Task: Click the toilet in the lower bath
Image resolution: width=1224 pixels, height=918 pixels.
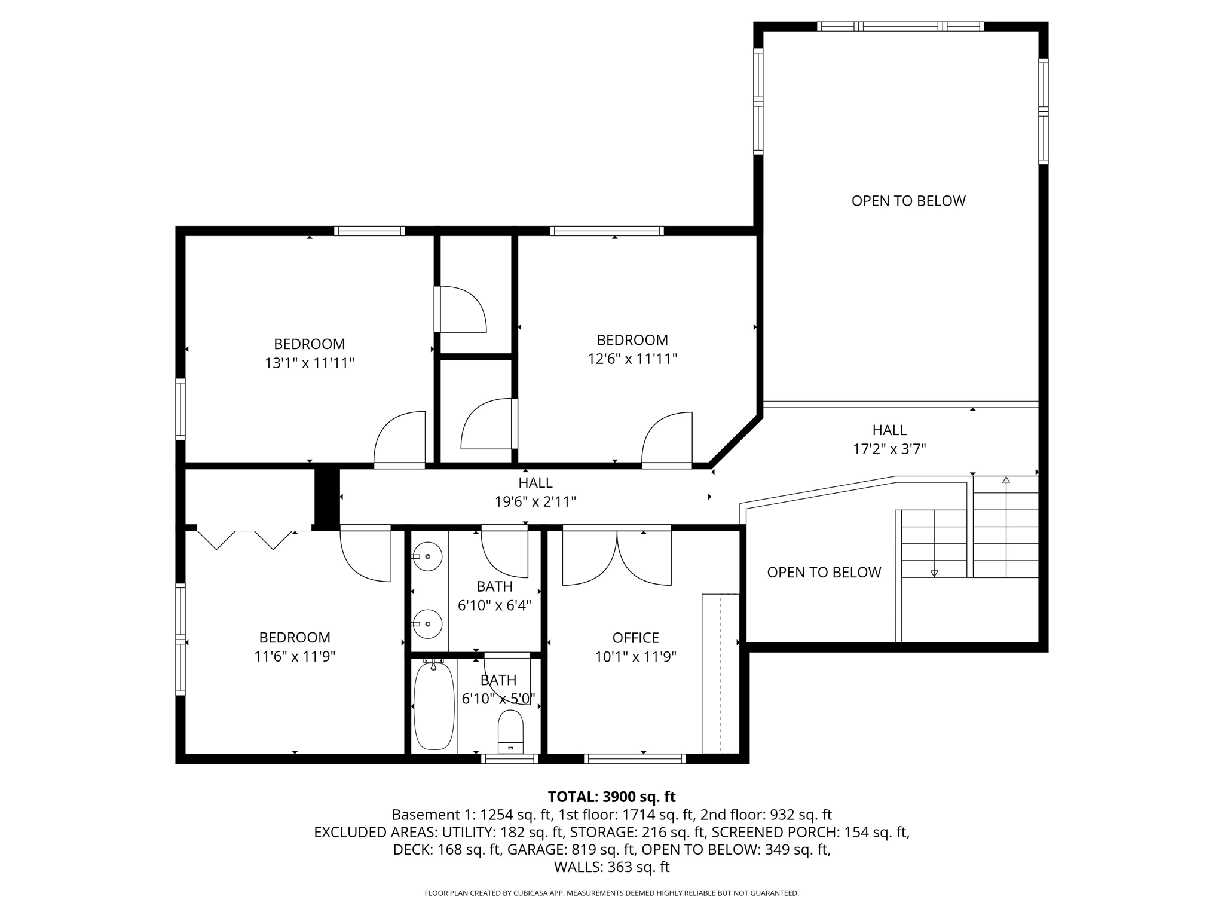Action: (510, 732)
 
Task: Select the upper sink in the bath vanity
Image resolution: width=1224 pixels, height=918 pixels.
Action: (427, 556)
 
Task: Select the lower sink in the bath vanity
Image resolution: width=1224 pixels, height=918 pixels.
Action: (427, 625)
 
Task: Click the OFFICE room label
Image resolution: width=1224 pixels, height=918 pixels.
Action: (635, 638)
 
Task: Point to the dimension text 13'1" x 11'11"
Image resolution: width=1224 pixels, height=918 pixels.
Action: (310, 363)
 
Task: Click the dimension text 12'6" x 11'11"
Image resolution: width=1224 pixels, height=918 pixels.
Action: (632, 359)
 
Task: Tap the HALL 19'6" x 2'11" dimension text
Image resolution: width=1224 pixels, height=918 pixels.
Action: (535, 502)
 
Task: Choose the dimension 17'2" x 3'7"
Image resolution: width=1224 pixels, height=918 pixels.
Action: (889, 449)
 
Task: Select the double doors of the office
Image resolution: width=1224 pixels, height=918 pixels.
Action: (617, 557)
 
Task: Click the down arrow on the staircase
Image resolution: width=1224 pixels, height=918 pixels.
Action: (934, 573)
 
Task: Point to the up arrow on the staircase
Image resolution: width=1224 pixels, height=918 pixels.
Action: (1006, 480)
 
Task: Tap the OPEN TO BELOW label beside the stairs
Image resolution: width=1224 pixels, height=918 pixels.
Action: (824, 573)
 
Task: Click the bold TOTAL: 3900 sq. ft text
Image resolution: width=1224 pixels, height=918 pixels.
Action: (611, 797)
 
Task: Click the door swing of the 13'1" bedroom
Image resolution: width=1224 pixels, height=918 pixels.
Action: (399, 438)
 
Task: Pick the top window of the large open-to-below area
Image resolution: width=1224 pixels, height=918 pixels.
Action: (900, 26)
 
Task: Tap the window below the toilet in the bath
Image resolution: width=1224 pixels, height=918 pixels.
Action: (510, 759)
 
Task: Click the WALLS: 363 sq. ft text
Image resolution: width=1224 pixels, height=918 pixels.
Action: (611, 867)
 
